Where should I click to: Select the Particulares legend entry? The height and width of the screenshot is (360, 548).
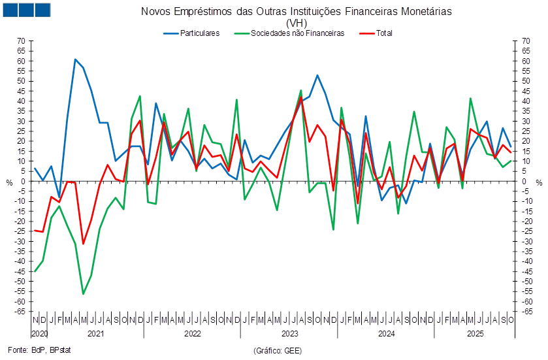point(201,33)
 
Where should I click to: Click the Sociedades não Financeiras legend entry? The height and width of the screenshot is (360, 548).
point(297,33)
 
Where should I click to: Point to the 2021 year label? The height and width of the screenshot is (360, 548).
point(95,333)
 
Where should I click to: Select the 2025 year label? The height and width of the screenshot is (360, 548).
point(474,333)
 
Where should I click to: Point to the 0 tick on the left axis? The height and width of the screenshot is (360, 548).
point(22,181)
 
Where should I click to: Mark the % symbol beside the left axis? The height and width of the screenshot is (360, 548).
point(9,182)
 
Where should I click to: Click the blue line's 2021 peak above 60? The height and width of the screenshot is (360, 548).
point(75,59)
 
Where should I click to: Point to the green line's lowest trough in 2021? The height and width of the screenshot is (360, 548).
point(83,294)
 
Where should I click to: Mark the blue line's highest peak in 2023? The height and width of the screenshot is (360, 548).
point(317,75)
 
